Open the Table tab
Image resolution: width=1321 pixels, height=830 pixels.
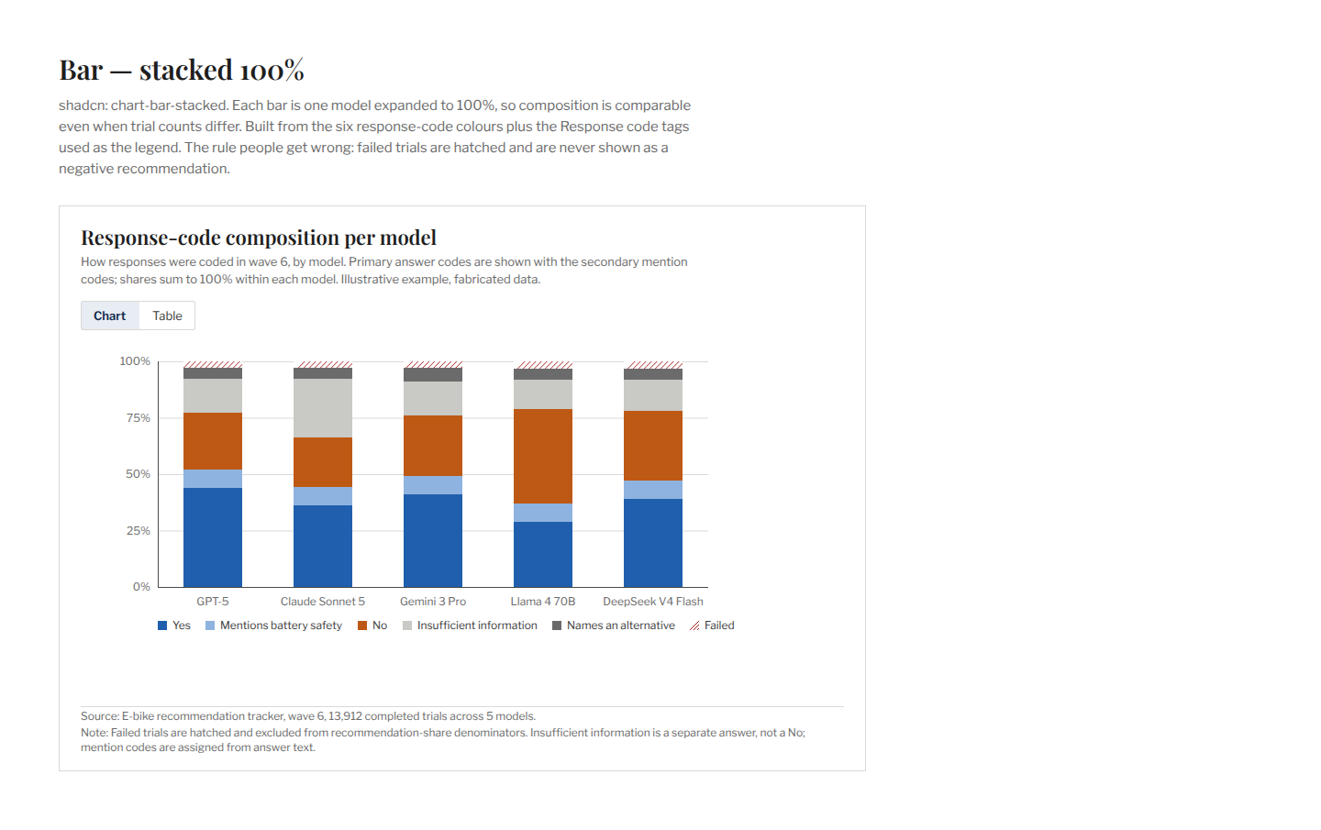tap(167, 316)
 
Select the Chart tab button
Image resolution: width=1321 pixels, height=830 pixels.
tap(110, 316)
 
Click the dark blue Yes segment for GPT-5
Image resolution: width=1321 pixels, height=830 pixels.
tap(212, 537)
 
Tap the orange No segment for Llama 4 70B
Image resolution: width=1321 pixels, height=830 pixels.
tap(542, 456)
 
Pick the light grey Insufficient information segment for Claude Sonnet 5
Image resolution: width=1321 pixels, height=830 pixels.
tap(323, 408)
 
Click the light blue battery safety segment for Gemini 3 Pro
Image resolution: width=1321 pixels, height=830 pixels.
tap(433, 485)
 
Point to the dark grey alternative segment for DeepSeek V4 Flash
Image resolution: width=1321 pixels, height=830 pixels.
tap(653, 374)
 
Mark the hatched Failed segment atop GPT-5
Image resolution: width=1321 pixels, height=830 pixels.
tap(212, 365)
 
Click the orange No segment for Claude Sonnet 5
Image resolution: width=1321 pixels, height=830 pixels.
tap(323, 462)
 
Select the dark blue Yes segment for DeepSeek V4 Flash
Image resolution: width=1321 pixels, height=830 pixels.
tap(653, 543)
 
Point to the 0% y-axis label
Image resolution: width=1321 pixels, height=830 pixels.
tap(141, 587)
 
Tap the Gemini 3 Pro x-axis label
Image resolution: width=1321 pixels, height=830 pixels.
tap(433, 602)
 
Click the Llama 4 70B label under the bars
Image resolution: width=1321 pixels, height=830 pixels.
tap(542, 602)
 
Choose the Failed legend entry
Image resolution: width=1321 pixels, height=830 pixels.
tap(712, 625)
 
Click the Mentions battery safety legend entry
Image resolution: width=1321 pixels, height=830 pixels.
tap(273, 625)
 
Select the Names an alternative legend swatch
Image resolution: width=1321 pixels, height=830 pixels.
tap(557, 625)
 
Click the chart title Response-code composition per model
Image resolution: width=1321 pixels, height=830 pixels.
tap(259, 238)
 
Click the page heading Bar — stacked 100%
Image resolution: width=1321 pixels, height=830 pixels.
tap(182, 70)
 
